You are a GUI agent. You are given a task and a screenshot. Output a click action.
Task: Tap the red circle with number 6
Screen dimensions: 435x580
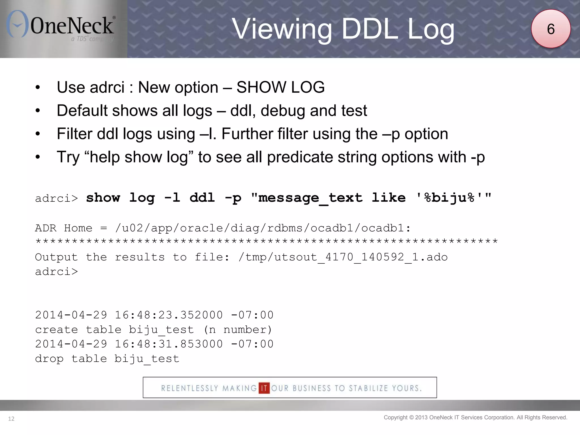point(551,29)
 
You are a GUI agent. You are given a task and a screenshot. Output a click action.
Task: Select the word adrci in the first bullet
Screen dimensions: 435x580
point(107,87)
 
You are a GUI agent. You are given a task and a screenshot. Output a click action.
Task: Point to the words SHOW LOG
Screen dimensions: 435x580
point(280,87)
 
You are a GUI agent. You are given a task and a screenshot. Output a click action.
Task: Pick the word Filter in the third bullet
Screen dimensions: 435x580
point(74,134)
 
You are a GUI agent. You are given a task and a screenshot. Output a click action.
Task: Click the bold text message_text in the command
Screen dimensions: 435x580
point(310,198)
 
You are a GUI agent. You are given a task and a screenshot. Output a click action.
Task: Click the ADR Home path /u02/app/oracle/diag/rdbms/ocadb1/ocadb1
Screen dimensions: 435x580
point(259,228)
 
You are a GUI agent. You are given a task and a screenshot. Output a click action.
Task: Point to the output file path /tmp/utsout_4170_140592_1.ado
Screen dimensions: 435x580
point(343,257)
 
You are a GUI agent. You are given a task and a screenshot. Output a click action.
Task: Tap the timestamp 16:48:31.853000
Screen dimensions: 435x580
point(169,344)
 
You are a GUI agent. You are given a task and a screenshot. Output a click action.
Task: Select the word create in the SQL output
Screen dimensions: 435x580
point(57,330)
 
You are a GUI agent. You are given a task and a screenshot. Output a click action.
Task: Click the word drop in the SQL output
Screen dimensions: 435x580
point(49,359)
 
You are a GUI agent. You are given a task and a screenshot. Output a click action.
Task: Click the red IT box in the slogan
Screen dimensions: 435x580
point(264,388)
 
